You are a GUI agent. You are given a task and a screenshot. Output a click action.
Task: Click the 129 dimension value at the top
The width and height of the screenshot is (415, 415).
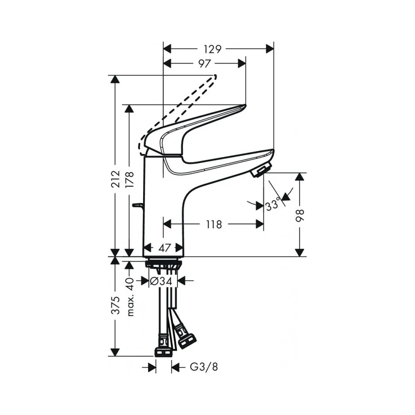click(212, 49)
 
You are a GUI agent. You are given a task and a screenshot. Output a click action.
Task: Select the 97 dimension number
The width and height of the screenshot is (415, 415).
click(204, 63)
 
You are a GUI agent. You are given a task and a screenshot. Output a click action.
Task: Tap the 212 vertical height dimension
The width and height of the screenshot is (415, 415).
click(115, 179)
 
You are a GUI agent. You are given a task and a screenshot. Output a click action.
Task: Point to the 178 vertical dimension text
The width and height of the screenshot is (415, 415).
click(129, 179)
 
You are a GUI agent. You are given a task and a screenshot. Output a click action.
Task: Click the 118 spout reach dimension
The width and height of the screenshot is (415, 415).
click(214, 225)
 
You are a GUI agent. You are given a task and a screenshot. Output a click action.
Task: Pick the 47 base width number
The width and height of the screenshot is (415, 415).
click(165, 248)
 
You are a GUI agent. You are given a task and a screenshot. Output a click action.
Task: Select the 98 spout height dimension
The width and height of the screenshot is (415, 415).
click(300, 215)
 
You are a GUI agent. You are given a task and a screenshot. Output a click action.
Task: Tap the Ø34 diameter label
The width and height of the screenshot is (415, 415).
click(161, 281)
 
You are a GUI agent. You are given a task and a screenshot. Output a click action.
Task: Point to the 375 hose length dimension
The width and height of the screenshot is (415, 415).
click(115, 305)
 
